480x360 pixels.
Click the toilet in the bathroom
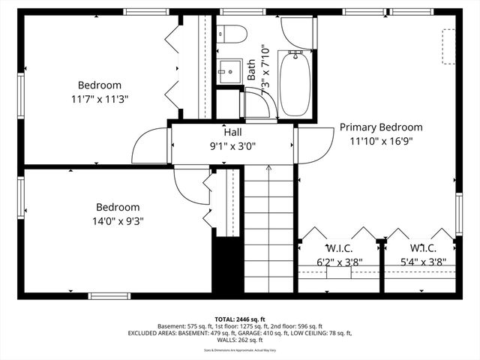(232, 34)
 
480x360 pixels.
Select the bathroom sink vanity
(227, 71)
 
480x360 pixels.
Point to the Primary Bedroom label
(380, 127)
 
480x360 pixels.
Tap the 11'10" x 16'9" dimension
(380, 140)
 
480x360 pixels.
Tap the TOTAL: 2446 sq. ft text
(240, 319)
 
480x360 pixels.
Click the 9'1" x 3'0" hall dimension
(232, 146)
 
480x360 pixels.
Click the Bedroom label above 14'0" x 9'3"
(118, 208)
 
